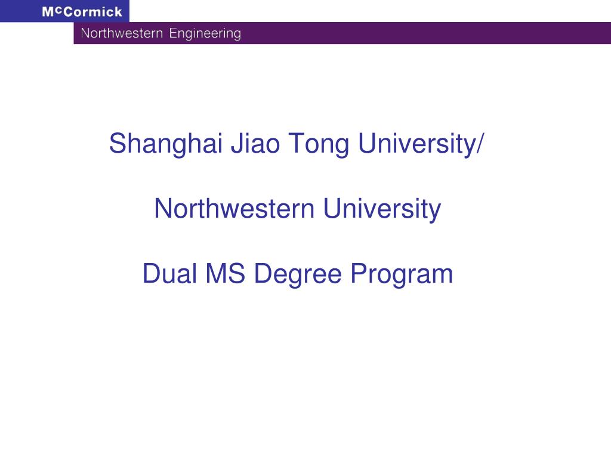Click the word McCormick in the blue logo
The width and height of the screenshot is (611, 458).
pyautogui.click(x=82, y=12)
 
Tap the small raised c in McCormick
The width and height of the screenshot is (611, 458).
pyautogui.click(x=58, y=10)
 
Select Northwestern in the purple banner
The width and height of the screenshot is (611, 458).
pyautogui.click(x=122, y=33)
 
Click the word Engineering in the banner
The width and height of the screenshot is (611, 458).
pyautogui.click(x=205, y=34)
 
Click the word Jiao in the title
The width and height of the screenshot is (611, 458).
pyautogui.click(x=255, y=143)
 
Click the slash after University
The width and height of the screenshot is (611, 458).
pyautogui.click(x=480, y=143)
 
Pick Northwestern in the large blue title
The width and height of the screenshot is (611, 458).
pyautogui.click(x=234, y=209)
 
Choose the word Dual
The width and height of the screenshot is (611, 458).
pyautogui.click(x=169, y=273)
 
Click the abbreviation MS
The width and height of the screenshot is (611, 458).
pyautogui.click(x=225, y=273)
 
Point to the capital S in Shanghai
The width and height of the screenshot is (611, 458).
pyautogui.click(x=118, y=143)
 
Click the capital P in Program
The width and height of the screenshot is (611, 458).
pyautogui.click(x=359, y=273)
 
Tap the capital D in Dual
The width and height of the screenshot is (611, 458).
pyautogui.click(x=152, y=273)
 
